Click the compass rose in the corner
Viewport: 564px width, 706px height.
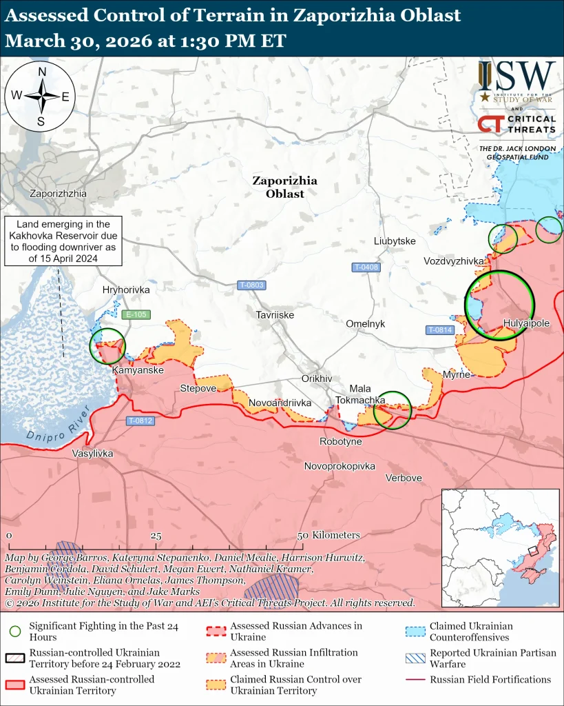coord(41,96)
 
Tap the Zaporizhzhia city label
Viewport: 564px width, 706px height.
coord(58,194)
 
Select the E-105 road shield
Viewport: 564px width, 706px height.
coord(135,315)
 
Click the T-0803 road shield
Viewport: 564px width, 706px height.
coord(251,285)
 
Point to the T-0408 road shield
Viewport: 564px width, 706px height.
coord(366,267)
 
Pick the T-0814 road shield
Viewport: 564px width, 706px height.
coord(440,330)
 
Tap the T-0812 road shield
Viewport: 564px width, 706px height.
coord(140,421)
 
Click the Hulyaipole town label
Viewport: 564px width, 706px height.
coord(526,323)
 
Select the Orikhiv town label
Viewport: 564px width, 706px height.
coord(317,379)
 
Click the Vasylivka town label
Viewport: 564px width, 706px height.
coord(92,454)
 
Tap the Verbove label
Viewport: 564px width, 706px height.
coord(404,478)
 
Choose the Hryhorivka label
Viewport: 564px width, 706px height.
coord(125,290)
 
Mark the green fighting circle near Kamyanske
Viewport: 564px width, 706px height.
coord(108,345)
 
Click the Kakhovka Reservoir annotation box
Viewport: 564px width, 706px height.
coord(63,241)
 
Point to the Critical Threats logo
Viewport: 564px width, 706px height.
coord(517,124)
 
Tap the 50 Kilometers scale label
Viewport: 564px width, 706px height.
coord(329,535)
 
